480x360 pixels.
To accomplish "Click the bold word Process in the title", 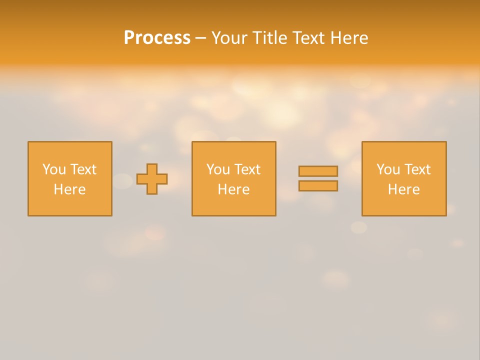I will pyautogui.click(x=157, y=38).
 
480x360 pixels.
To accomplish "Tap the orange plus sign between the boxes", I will pyautogui.click(x=152, y=179).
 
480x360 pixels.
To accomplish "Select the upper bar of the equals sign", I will pyautogui.click(x=318, y=171).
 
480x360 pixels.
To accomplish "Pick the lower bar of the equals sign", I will pyautogui.click(x=318, y=186).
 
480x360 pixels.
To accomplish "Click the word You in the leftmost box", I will pyautogui.click(x=54, y=169).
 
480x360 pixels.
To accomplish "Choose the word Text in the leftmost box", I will pyautogui.click(x=82, y=169).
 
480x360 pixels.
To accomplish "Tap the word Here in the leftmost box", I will pyautogui.click(x=69, y=189).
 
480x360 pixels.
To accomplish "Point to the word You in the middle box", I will pyautogui.click(x=218, y=169).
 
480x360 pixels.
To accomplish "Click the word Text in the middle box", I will pyautogui.click(x=246, y=169).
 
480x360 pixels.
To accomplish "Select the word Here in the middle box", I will pyautogui.click(x=233, y=189).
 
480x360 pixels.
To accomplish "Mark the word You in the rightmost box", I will pyautogui.click(x=388, y=169).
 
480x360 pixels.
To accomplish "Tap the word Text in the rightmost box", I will pyautogui.click(x=416, y=169).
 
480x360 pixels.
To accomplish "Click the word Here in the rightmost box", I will pyautogui.click(x=403, y=189).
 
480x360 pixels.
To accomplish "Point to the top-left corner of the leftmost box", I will pyautogui.click(x=28, y=142).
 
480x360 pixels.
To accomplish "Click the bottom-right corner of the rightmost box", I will pyautogui.click(x=445, y=215).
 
